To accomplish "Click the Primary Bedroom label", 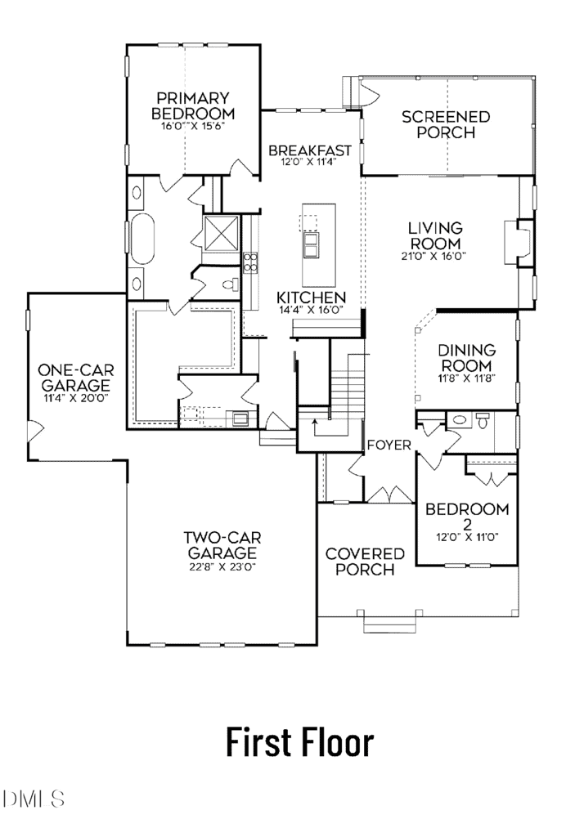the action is tap(193, 105).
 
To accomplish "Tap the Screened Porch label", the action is tap(446, 124).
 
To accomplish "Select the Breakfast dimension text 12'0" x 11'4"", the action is tap(309, 162).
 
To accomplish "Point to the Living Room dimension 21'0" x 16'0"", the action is tap(434, 256).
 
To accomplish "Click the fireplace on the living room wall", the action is tap(517, 242).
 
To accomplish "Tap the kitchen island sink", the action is tap(310, 244).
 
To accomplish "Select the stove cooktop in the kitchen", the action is tap(250, 262).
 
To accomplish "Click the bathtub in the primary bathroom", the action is tap(142, 239).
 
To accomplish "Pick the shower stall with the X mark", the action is tap(220, 233).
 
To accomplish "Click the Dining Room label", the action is tap(466, 358).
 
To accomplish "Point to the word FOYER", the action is tap(389, 445).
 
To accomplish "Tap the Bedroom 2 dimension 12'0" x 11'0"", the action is tap(467, 538).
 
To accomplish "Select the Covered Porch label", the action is tap(365, 562).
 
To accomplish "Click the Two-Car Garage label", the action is tap(222, 545).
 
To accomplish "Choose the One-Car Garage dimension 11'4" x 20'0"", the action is tap(76, 398).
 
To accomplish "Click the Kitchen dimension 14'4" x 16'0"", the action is tap(311, 310).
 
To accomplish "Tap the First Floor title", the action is tap(300, 742).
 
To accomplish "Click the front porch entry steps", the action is tap(389, 622).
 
